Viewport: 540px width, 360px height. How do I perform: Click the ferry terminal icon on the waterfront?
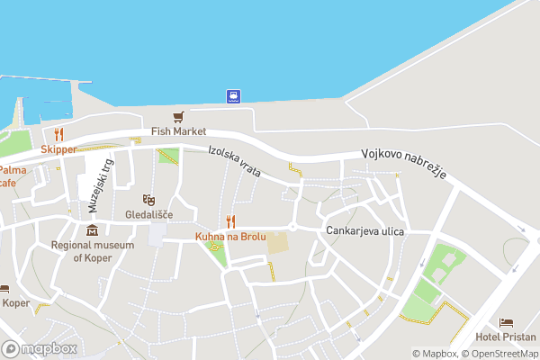point(233,95)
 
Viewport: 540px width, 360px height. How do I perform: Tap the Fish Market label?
point(178,131)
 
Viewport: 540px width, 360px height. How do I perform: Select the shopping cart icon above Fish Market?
point(178,117)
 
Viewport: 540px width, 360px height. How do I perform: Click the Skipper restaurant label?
point(58,148)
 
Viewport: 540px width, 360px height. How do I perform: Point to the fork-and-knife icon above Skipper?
point(58,135)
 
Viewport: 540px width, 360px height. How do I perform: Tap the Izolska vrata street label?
point(234,161)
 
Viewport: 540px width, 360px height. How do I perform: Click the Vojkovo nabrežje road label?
point(404,165)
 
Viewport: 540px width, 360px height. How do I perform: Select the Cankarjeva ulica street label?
point(365,231)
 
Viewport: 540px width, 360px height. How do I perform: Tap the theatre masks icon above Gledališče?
point(148,199)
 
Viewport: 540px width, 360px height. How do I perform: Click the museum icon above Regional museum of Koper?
point(92,230)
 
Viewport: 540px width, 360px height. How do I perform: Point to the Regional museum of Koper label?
point(92,251)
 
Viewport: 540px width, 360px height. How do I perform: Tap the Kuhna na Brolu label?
point(230,237)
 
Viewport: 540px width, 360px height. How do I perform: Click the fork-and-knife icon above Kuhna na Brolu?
point(230,220)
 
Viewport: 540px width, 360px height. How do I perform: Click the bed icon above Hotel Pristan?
point(506,322)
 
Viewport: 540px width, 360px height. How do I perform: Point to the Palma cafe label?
point(12,175)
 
